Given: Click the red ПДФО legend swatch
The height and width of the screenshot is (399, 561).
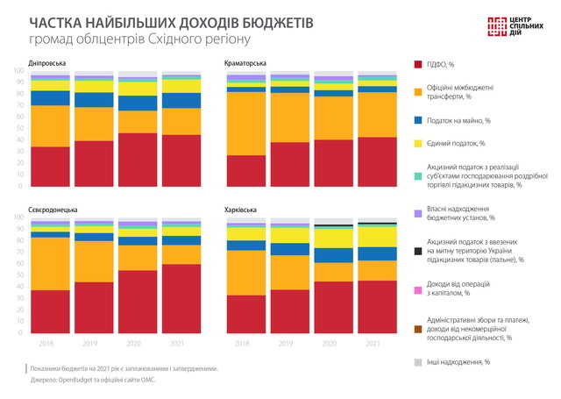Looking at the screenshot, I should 419,64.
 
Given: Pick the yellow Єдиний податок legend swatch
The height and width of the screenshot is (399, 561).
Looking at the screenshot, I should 419,142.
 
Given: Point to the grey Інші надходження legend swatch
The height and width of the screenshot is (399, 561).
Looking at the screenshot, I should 419,361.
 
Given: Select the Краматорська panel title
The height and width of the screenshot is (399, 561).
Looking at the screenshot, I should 247,63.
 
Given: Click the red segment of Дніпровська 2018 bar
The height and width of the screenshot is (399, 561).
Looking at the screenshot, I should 50,166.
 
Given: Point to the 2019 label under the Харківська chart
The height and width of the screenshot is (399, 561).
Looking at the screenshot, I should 290,344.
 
